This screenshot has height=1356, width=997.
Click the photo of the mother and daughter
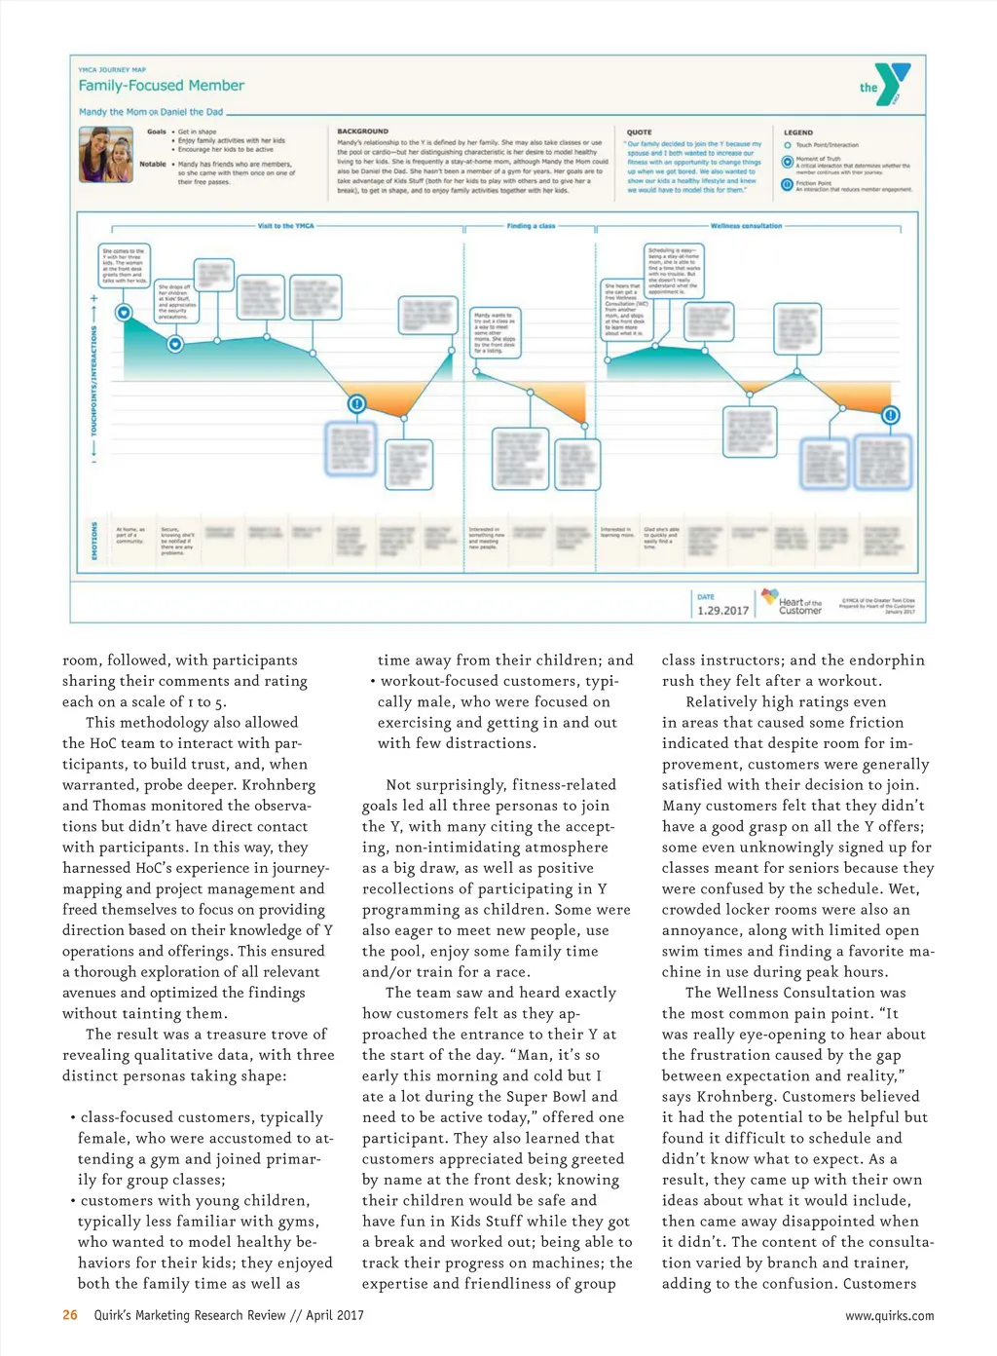point(106,155)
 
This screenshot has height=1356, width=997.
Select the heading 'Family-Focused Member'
point(161,86)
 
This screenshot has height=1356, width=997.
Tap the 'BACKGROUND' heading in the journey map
point(362,132)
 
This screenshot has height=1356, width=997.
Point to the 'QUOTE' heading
point(639,132)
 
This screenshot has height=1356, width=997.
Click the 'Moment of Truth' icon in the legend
point(788,162)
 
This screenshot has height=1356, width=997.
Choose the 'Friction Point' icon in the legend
point(788,184)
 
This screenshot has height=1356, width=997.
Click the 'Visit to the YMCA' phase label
point(285,226)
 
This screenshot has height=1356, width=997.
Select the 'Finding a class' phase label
point(531,226)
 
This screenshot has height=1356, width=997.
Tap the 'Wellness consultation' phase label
point(746,226)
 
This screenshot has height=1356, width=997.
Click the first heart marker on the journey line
point(124,313)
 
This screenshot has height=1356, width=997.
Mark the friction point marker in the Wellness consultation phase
point(890,416)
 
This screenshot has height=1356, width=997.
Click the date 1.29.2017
point(723,611)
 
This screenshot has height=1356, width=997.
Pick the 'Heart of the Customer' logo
point(791,602)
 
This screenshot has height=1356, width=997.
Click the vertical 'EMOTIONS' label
point(94,541)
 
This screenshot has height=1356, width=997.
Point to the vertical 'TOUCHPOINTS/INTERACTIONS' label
point(94,380)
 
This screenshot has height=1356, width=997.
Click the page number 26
point(70,1315)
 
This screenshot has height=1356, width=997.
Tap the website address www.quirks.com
point(889,1316)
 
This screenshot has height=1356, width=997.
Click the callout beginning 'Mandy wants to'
point(496,332)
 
